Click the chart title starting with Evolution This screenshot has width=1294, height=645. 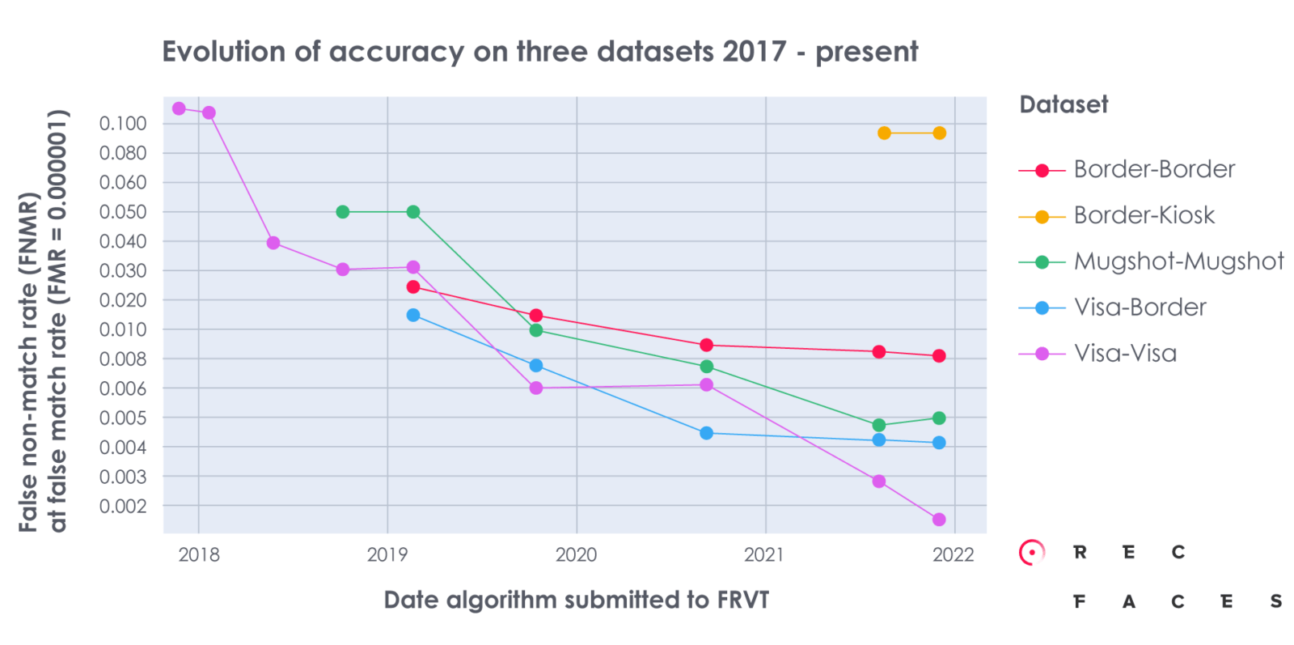(539, 52)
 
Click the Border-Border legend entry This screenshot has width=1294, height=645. (1153, 169)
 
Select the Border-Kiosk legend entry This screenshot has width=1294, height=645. (1144, 215)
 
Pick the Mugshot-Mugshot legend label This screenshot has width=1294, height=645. (1178, 261)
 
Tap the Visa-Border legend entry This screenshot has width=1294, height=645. (1140, 308)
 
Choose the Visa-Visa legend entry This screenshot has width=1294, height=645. (1124, 354)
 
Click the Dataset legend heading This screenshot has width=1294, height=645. (1063, 104)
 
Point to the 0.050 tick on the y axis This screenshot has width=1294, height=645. (123, 212)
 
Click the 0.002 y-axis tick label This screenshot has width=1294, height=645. (123, 506)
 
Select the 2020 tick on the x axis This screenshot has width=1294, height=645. (576, 555)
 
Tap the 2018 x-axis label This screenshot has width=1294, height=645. (199, 555)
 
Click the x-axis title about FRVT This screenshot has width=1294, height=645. (576, 600)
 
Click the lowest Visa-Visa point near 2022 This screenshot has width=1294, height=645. (939, 520)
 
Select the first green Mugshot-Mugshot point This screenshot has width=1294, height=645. (343, 212)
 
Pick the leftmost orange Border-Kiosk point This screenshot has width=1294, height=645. (884, 133)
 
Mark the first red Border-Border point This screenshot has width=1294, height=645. (413, 286)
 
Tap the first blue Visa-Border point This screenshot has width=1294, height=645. (413, 315)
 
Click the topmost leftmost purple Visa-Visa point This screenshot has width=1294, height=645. (180, 108)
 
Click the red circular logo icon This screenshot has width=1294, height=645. (1031, 553)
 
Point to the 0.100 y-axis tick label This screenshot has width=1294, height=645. (123, 124)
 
